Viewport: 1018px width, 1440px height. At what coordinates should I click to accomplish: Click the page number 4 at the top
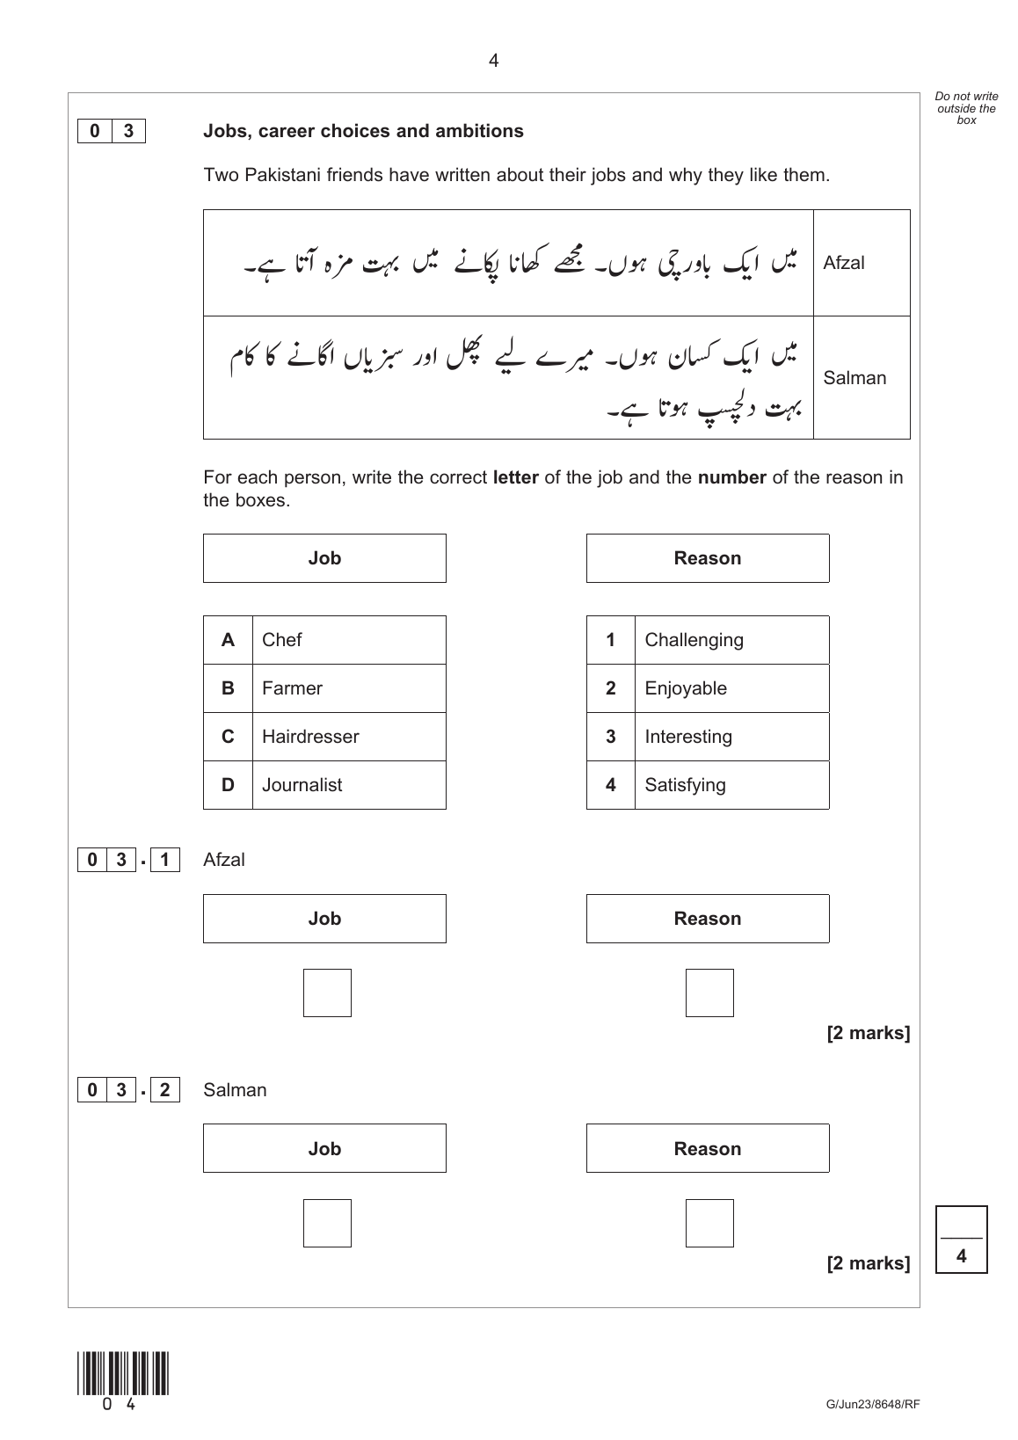coord(493,61)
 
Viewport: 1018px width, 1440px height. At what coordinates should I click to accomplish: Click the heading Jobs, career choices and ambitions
coord(363,131)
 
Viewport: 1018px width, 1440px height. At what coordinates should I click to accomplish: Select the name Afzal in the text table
coord(844,263)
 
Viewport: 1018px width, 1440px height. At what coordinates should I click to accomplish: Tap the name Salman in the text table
coord(854,378)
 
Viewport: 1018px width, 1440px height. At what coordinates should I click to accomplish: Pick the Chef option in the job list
coord(281,640)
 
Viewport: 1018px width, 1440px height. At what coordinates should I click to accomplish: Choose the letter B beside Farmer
coord(228,688)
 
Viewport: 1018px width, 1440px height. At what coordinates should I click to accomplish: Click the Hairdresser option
coord(310,737)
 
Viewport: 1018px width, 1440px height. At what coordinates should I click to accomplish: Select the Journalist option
coord(302,785)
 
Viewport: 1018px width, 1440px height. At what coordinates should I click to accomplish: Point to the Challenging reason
coord(694,640)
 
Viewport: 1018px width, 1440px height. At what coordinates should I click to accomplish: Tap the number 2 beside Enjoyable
coord(611,688)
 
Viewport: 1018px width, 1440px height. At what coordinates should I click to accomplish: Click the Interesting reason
coord(688,737)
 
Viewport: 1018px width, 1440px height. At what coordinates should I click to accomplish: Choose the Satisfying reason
coord(685,785)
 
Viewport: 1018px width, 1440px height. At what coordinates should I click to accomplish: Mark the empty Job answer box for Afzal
coord(327,993)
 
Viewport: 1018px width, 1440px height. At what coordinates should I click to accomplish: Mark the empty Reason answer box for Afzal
coord(709,993)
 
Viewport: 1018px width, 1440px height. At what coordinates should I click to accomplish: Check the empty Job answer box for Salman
coord(327,1223)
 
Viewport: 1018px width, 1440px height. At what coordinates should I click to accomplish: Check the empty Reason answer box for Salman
coord(709,1223)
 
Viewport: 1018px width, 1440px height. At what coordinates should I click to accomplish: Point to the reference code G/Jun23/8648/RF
coord(872,1405)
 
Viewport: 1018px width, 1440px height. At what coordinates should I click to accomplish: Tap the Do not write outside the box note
coord(966,108)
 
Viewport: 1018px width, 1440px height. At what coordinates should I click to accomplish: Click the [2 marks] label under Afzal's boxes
coord(868,1033)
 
